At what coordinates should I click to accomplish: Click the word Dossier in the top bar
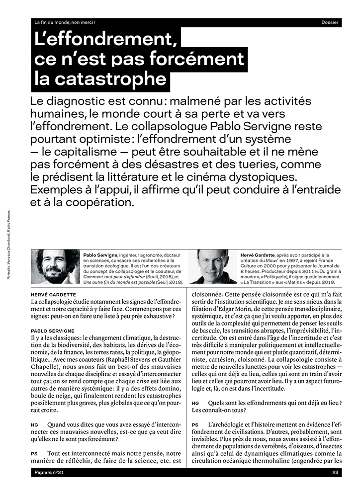330,22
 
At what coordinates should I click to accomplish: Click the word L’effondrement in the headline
105,40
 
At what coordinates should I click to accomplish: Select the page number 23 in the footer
336,473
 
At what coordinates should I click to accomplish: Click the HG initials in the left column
34,425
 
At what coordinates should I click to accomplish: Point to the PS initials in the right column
195,425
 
